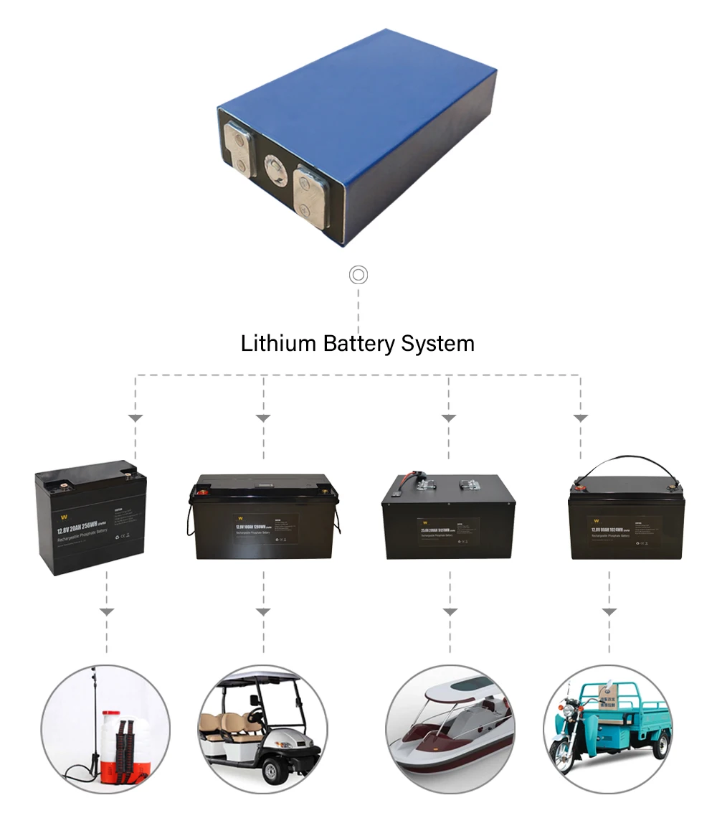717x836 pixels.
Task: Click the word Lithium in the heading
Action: tap(278, 343)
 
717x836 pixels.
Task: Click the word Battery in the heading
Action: tap(359, 344)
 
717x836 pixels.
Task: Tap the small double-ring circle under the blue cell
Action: tap(358, 275)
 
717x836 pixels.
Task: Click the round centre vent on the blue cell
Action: tap(274, 170)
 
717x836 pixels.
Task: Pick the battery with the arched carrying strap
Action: tap(625, 513)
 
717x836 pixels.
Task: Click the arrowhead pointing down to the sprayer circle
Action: tap(107, 612)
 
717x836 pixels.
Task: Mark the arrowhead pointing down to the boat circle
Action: tap(450, 612)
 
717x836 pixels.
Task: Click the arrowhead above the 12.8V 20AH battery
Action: tap(136, 418)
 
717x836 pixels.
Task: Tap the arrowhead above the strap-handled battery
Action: tap(581, 418)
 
